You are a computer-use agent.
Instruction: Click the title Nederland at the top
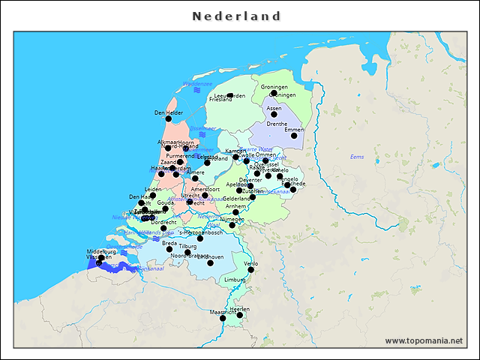[236, 16]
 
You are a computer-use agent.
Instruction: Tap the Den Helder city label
[169, 112]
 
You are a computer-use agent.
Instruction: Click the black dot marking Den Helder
[168, 118]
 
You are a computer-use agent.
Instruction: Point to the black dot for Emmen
[294, 136]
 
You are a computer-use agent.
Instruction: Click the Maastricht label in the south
[223, 311]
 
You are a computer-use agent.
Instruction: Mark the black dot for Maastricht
[223, 318]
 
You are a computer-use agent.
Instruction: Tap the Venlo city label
[251, 264]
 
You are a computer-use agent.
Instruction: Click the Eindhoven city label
[210, 256]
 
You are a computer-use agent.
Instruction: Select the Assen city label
[274, 108]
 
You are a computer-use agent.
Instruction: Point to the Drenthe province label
[277, 124]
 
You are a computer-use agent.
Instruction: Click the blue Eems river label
[357, 156]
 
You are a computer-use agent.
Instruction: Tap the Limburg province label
[235, 279]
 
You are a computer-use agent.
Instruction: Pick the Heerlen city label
[240, 309]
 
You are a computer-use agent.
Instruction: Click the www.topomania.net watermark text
[424, 340]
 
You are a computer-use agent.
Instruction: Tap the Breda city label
[169, 243]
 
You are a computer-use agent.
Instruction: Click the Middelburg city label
[101, 251]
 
